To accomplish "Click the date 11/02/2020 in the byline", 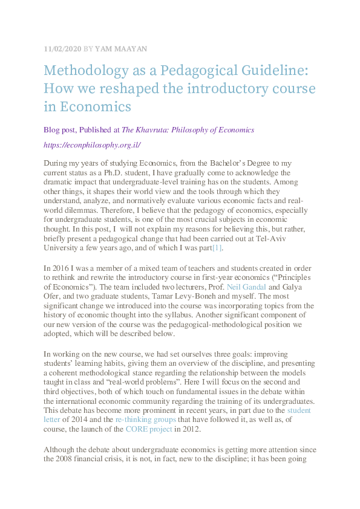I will (62, 48).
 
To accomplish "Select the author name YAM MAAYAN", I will (120, 48).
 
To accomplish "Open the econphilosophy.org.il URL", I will (92, 145).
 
